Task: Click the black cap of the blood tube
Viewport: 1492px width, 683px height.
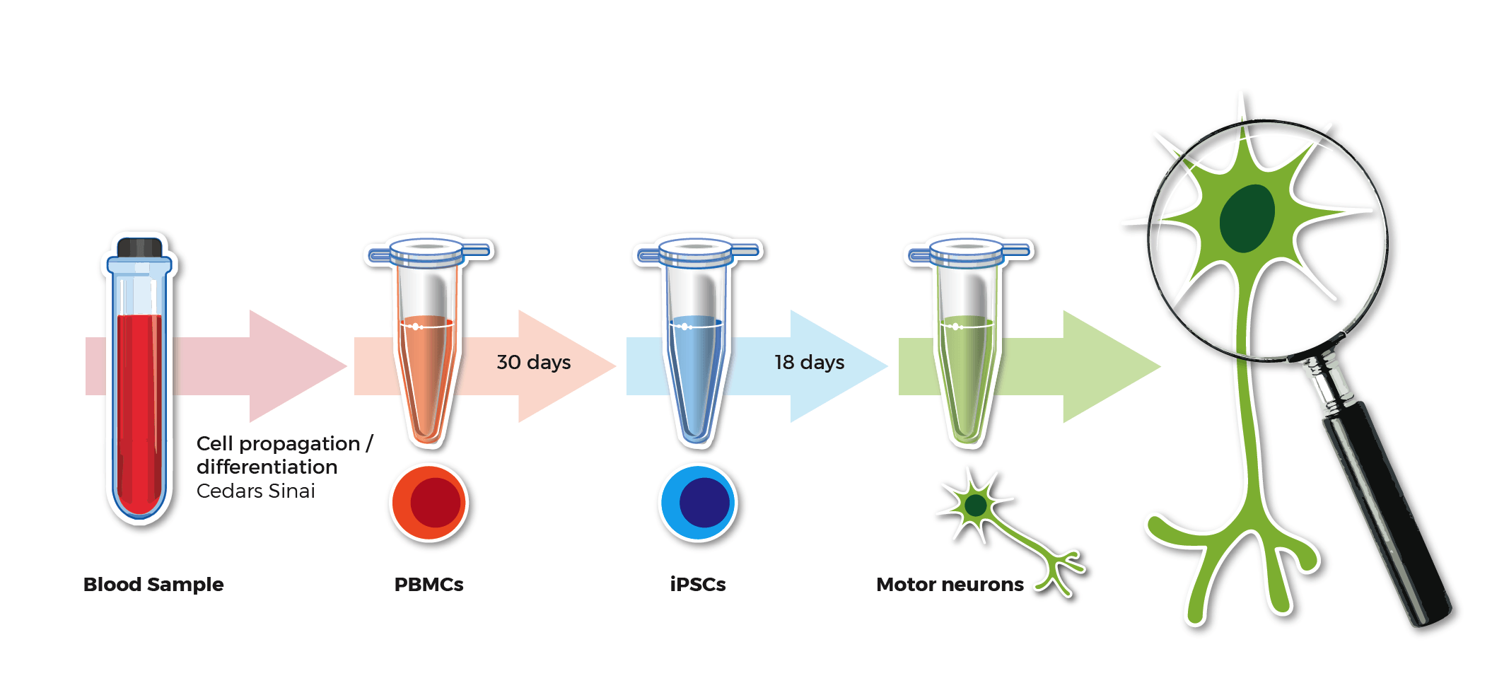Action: (139, 247)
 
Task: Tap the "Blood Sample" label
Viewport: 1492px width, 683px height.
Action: (153, 585)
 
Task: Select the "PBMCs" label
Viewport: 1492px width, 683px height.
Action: (429, 585)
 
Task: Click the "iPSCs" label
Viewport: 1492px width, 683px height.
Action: (698, 585)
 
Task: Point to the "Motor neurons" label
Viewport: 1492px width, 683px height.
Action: (950, 585)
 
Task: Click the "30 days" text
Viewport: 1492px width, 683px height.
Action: (534, 363)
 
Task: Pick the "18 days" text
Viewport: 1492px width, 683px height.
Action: (810, 363)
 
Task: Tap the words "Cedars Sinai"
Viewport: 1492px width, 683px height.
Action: (256, 491)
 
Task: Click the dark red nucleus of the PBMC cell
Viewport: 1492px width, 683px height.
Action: (436, 502)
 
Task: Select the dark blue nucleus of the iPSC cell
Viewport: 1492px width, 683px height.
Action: (704, 502)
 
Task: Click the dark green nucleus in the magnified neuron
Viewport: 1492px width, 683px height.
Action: (1247, 218)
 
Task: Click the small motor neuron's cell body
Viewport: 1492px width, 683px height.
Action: (976, 506)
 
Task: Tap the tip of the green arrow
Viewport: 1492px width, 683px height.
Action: (1160, 366)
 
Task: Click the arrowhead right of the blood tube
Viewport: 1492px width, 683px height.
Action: (298, 366)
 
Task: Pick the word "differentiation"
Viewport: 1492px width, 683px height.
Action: (267, 467)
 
